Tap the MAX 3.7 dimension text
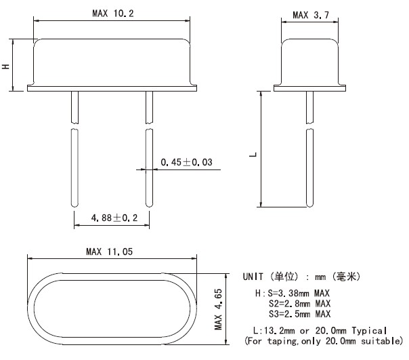click(x=310, y=14)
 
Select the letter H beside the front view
click(x=6, y=66)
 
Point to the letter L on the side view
click(x=251, y=155)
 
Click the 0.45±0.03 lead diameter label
click(x=186, y=162)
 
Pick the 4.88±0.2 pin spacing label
click(x=110, y=218)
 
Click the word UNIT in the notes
click(x=255, y=277)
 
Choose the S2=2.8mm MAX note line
click(x=299, y=304)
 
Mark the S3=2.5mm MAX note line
click(x=299, y=314)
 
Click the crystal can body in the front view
click(x=112, y=64)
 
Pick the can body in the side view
click(x=309, y=64)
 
